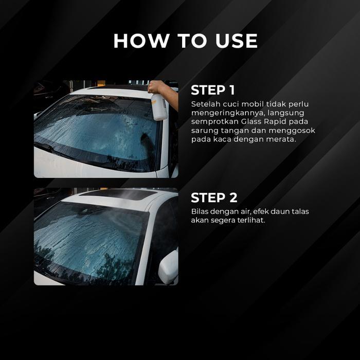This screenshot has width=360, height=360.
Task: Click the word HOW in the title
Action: (141, 41)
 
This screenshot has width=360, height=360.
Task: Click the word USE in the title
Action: (236, 41)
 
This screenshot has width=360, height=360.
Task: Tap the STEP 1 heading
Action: (213, 90)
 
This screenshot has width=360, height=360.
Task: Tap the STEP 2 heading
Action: (214, 197)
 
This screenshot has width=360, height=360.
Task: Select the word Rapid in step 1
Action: (275, 122)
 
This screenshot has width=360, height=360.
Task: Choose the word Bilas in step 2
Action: (200, 211)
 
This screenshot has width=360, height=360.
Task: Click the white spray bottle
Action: (159, 106)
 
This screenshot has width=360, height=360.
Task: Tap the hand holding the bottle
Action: (157, 87)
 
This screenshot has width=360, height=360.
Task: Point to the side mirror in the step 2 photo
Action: (169, 266)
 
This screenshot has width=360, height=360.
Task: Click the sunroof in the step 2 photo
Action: (119, 194)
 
